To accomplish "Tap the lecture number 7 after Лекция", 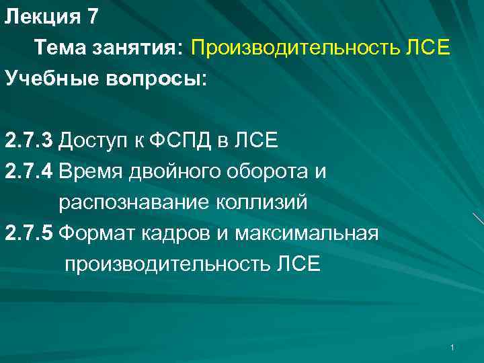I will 93,17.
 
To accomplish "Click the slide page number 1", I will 454,347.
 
